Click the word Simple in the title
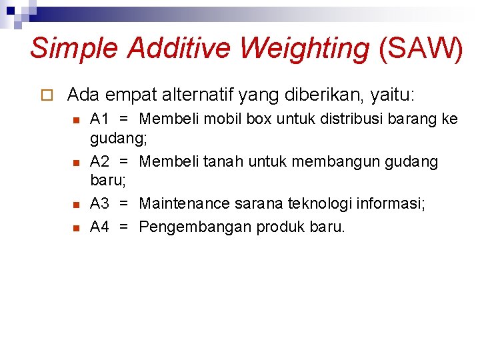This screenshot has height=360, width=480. click(x=74, y=48)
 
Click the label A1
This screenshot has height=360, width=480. click(x=99, y=119)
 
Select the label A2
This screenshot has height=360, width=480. click(x=99, y=161)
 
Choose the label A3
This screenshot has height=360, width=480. click(x=99, y=203)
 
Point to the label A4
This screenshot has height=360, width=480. click(x=99, y=227)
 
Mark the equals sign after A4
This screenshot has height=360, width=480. click(x=123, y=227)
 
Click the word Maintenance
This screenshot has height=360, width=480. click(x=184, y=203)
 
